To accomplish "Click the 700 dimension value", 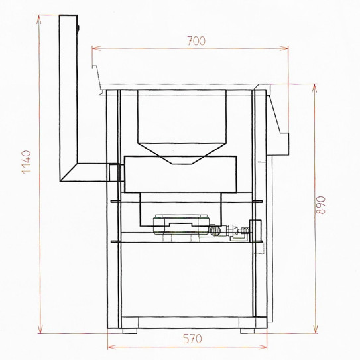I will click(x=196, y=41).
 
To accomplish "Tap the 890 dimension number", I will click(x=320, y=206).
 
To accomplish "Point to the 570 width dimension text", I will click(x=193, y=339).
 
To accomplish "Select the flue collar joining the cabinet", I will click(x=114, y=172).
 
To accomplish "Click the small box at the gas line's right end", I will click(x=255, y=228).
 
